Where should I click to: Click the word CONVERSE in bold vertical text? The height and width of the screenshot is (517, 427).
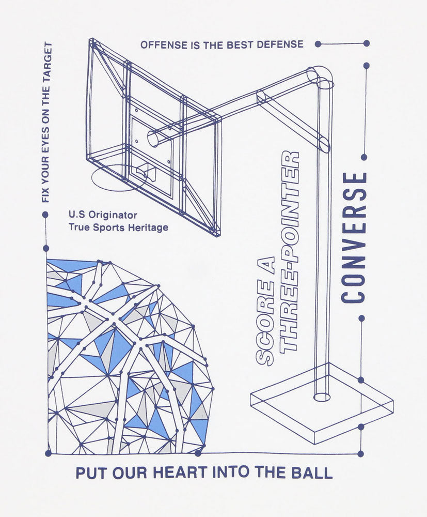click(x=354, y=238)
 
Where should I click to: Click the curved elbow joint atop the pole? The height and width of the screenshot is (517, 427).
click(x=320, y=77)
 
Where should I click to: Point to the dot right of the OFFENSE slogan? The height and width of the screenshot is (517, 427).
click(x=318, y=44)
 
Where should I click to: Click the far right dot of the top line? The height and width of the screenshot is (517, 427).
click(x=367, y=43)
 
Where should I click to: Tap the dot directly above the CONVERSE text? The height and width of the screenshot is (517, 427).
click(x=364, y=158)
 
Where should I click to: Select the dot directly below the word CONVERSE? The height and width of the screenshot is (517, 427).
click(x=361, y=318)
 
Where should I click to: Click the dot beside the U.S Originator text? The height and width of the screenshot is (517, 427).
click(x=45, y=215)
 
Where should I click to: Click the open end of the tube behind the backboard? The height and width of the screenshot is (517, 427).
click(x=153, y=138)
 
